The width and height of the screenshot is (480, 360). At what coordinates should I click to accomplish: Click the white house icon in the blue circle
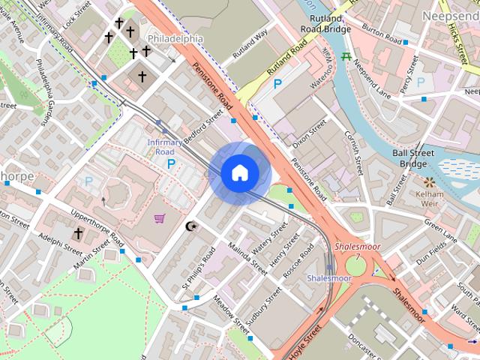(240, 173)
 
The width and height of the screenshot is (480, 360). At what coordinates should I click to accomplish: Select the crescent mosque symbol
(190, 226)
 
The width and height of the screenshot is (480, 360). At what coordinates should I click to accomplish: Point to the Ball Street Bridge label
(413, 158)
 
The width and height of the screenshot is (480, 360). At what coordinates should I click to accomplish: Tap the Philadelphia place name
(175, 38)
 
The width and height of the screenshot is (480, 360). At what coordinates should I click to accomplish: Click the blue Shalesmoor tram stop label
(329, 278)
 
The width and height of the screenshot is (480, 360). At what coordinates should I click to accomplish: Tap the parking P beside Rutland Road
(278, 84)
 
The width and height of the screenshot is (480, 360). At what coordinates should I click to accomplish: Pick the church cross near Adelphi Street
(78, 233)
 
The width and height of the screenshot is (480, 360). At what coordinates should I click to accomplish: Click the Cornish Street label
(353, 151)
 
